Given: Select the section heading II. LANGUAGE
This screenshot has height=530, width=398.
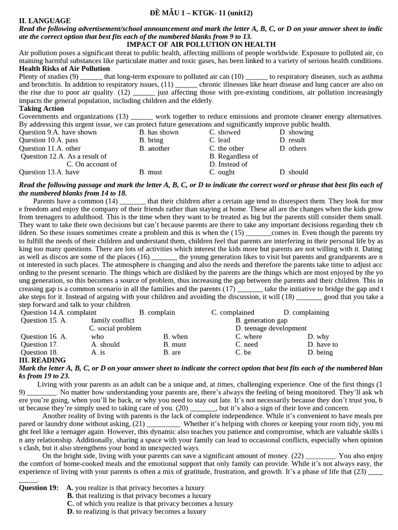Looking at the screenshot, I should click(x=45, y=21).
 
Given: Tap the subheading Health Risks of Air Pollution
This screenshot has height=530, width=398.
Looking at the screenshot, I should click(x=64, y=68).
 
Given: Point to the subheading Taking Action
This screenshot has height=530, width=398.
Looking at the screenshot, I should click(x=41, y=108).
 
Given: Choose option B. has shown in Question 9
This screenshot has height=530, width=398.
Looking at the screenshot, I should click(x=159, y=132).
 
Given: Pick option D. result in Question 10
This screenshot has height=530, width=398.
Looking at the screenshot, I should click(x=292, y=140).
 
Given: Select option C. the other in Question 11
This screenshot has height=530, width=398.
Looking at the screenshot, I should click(x=226, y=148).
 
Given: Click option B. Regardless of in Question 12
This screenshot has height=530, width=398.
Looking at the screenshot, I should click(x=234, y=156).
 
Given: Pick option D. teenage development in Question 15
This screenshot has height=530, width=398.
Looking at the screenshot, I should click(x=271, y=328).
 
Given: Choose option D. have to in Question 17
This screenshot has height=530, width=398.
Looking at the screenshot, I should click(x=322, y=344).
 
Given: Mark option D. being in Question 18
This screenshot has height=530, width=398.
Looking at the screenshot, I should click(x=320, y=352).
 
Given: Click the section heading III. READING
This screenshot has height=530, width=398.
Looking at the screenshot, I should click(x=42, y=360).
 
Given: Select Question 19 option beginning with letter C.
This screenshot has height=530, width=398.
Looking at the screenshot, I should click(x=150, y=503).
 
